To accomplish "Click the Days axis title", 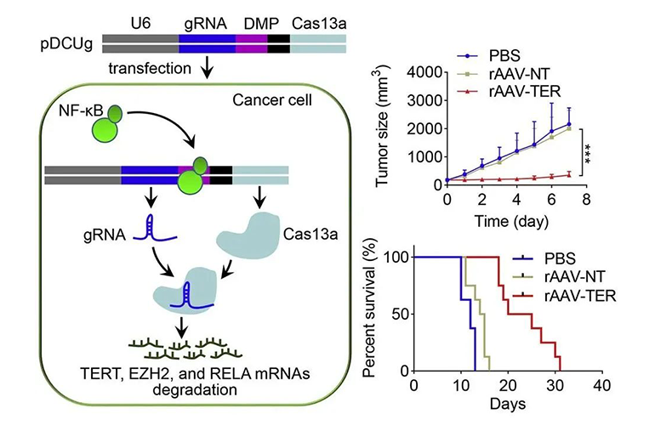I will point(508,403).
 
